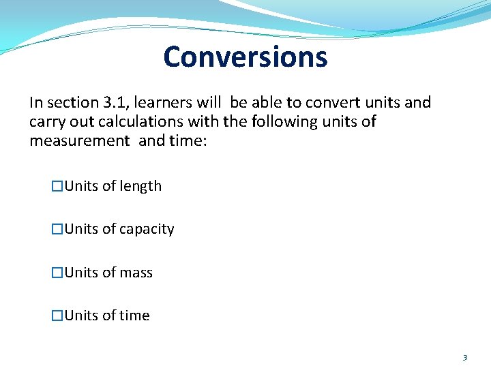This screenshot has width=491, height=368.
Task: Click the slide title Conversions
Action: (245, 57)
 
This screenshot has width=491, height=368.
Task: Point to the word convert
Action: (331, 103)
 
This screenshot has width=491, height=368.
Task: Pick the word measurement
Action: (79, 141)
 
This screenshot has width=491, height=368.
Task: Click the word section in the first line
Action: (72, 103)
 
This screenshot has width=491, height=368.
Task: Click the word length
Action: (141, 186)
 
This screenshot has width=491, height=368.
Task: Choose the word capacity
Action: (147, 230)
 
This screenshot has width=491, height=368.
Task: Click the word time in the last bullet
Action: (134, 316)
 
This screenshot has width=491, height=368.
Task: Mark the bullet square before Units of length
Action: (58, 186)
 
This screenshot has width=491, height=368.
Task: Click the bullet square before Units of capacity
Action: (58, 230)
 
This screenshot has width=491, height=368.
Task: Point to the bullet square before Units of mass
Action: (58, 273)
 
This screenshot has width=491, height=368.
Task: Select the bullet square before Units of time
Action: (58, 316)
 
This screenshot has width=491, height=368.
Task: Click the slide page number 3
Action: (464, 357)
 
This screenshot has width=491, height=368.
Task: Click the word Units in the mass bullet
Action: (81, 273)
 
